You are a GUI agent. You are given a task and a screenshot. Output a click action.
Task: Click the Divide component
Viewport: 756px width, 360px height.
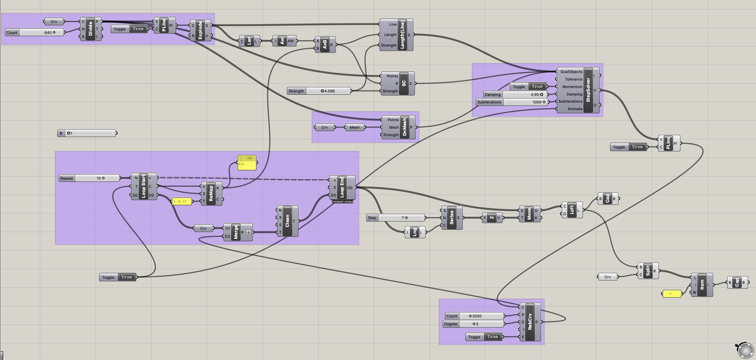[x=90, y=29]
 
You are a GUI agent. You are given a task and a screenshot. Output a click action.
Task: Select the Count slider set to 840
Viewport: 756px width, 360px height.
[x=41, y=32]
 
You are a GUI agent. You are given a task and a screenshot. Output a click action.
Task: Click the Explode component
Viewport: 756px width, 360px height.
[x=200, y=30]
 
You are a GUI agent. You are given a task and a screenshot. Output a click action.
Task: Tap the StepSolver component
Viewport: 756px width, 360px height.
[x=588, y=90]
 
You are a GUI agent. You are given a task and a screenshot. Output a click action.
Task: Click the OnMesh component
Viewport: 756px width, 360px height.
[x=404, y=127]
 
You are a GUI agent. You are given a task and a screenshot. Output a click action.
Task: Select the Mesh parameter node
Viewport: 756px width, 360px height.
[x=355, y=127]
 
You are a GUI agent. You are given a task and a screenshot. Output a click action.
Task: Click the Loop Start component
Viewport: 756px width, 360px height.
[x=143, y=186]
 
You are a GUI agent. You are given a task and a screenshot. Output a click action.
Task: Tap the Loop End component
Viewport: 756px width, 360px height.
[x=342, y=187]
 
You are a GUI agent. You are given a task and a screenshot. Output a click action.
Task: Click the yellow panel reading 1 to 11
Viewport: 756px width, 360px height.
[x=182, y=201]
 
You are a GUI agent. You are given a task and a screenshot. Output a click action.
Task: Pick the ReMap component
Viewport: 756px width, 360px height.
[x=211, y=193]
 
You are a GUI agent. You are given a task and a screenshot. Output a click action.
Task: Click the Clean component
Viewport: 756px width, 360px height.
[x=287, y=221]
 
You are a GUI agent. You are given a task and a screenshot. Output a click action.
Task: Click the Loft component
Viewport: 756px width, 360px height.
[x=572, y=210]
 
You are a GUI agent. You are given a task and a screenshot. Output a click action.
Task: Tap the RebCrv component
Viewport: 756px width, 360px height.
[x=530, y=322]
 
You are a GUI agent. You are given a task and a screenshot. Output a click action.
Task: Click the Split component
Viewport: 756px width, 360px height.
[x=648, y=271]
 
